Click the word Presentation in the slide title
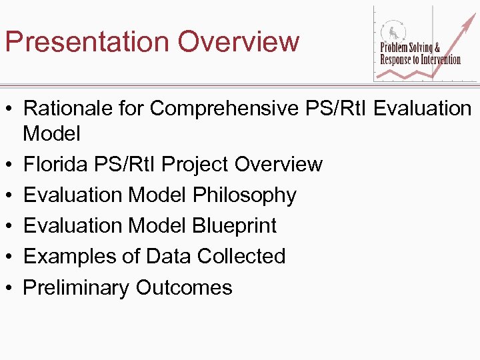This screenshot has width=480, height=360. pos(86,41)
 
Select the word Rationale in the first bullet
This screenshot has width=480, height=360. pos(68,108)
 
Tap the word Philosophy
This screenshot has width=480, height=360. pos(245,195)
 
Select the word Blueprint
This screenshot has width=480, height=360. pos(235,226)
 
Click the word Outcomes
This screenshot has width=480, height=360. pos(184,288)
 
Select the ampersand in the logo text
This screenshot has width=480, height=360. pos(437,48)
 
